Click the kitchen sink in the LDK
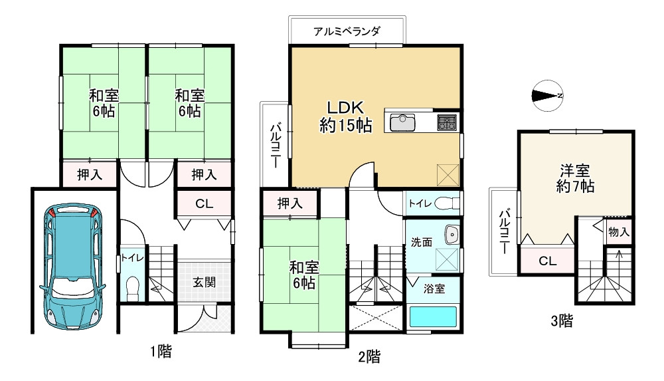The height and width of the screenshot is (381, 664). [402, 123]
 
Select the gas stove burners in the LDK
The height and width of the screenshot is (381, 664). [446, 122]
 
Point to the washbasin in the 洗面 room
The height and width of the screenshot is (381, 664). [454, 235]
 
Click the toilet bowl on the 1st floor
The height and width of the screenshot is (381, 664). [131, 287]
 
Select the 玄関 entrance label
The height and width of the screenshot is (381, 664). [204, 281]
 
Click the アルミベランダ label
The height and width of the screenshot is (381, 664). [347, 31]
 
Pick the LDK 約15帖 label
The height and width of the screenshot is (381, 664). [345, 116]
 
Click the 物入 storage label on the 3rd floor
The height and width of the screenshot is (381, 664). [618, 233]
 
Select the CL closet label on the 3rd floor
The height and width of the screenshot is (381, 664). [547, 261]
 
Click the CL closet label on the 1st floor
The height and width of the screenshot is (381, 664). [204, 204]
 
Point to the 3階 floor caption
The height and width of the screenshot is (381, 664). [561, 322]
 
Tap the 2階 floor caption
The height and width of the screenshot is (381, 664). [369, 357]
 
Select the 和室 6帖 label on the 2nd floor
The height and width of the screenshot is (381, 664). [304, 275]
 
